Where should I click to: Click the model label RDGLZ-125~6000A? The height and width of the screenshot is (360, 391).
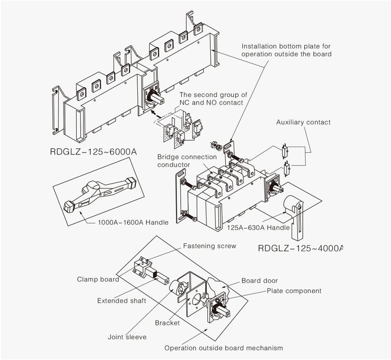[x=93, y=152]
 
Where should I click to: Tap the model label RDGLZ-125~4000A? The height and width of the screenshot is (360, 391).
[x=300, y=248]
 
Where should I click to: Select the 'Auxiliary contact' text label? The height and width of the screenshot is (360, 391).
[x=303, y=123]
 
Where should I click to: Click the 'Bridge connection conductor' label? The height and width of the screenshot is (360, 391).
[x=187, y=161]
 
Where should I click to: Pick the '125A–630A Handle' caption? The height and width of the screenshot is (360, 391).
[x=258, y=228]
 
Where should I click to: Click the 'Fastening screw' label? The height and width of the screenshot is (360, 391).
[x=209, y=247]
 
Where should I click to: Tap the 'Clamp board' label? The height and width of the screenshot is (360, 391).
[x=98, y=279]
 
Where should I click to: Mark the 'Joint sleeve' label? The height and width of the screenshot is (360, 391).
[x=127, y=337]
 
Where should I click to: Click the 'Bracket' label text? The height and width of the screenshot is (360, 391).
[x=167, y=323]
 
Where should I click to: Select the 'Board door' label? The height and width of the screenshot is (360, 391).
[x=259, y=281]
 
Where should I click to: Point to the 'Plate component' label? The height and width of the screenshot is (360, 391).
[x=294, y=291]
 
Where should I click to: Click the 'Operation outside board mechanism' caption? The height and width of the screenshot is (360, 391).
[x=224, y=348]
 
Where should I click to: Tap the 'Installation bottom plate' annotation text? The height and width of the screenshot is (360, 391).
[x=286, y=50]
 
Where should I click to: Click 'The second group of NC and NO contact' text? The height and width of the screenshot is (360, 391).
[x=213, y=99]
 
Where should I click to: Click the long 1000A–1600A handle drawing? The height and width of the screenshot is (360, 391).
[x=105, y=190]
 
